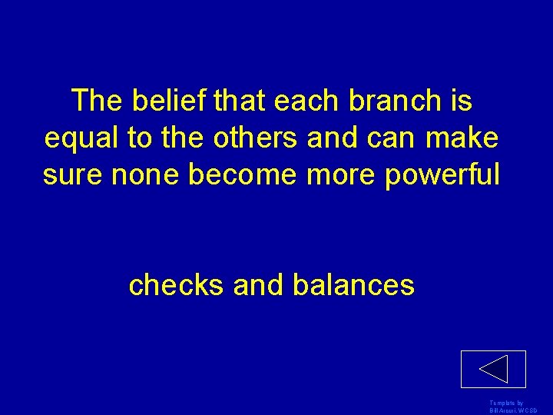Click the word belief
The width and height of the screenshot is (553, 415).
coord(161,101)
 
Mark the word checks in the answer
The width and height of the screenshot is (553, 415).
coord(177,285)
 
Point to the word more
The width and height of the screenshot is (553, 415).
coord(333,175)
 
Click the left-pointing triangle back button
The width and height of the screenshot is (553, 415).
coord(493,369)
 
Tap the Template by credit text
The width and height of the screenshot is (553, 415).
coord(505,403)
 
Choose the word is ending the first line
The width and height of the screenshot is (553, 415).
coord(461,101)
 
